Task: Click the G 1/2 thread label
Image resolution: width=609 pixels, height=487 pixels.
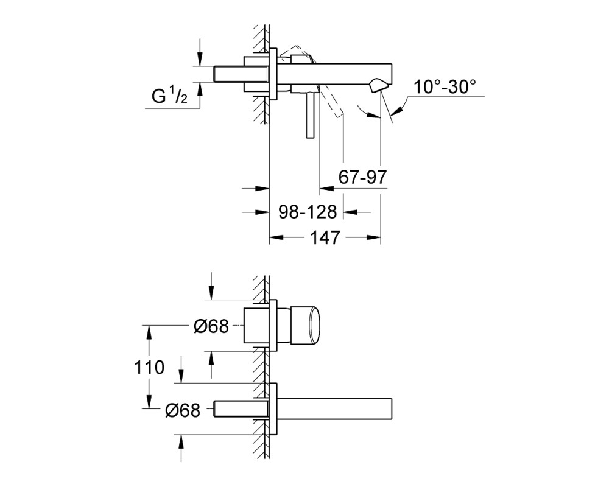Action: (169, 96)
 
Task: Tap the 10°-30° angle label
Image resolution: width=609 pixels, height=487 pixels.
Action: (445, 86)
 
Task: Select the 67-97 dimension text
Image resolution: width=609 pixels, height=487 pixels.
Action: (363, 177)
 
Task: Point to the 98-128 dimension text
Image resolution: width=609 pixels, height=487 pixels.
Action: (308, 212)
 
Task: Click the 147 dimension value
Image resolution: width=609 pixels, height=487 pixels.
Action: (325, 237)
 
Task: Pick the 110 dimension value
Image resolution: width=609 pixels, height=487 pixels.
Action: (149, 367)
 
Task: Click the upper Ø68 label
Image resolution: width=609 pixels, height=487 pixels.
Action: (211, 326)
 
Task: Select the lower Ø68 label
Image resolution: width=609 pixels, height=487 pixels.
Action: (183, 410)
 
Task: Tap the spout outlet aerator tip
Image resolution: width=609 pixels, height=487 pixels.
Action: (378, 85)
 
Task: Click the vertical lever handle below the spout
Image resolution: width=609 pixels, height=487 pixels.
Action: (309, 115)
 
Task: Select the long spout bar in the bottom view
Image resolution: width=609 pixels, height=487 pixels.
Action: (335, 409)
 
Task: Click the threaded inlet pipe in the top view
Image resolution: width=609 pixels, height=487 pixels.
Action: (241, 74)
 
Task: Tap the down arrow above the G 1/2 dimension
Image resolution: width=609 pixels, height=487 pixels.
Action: (200, 52)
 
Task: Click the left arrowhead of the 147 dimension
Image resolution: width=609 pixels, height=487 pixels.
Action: (276, 237)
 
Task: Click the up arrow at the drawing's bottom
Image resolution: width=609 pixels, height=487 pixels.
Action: (181, 448)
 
